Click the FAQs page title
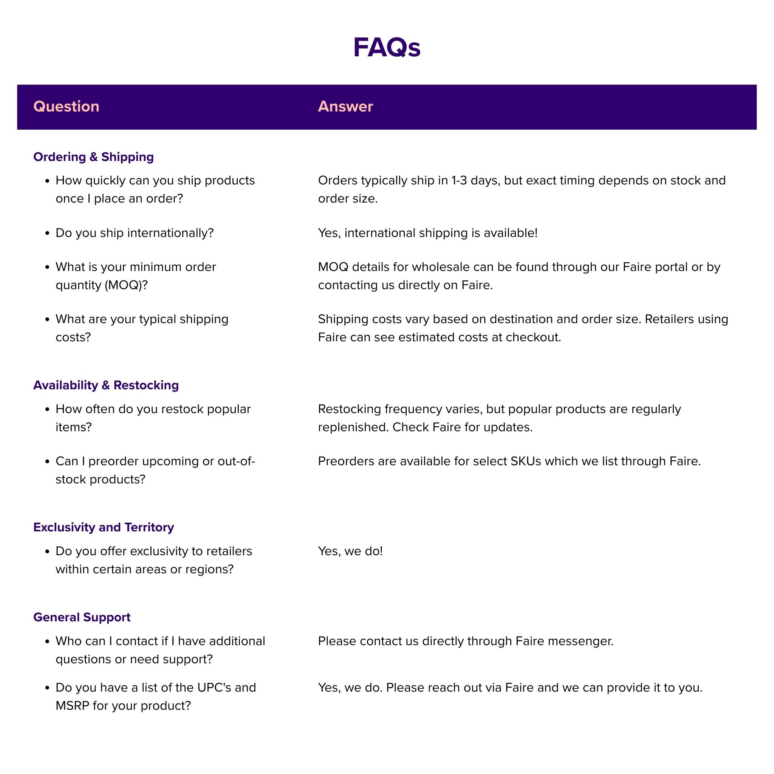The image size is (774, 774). coord(387,48)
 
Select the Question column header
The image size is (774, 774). coord(66,107)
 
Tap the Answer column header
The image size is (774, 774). coord(345,107)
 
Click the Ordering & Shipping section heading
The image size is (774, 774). coord(93,156)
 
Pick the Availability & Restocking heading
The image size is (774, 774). coord(106,385)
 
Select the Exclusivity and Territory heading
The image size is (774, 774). coord(103,527)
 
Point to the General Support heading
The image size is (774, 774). coord(82,617)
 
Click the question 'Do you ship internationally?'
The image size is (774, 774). coord(135,233)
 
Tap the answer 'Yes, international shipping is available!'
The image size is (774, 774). coord(427,233)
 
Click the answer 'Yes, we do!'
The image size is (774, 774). coord(350,551)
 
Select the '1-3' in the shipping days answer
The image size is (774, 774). coord(459,181)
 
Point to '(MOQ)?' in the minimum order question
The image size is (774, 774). coord(126,285)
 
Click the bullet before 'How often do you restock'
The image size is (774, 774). coord(47,409)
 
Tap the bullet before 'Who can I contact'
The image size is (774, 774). coord(47,641)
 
